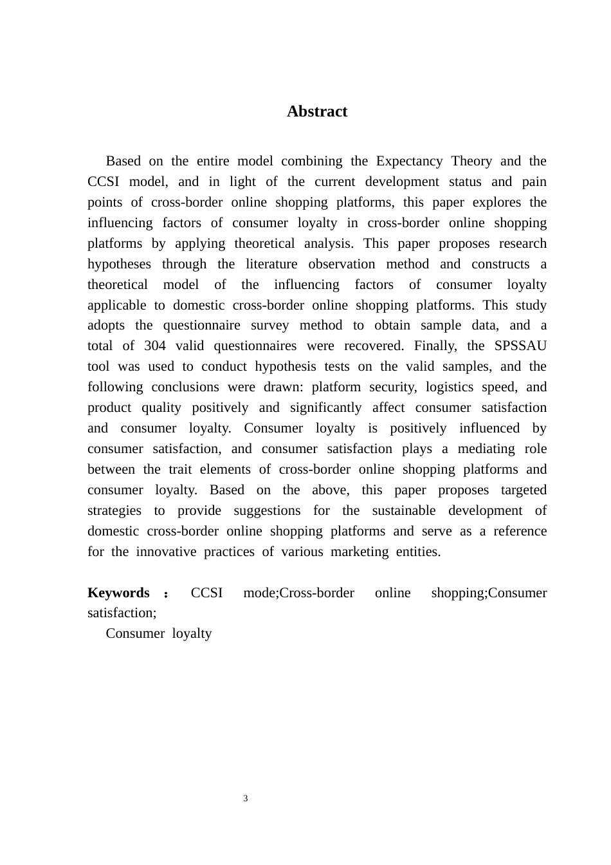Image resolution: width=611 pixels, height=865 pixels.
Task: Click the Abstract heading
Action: pos(316,111)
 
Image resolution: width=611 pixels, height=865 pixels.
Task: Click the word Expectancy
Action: pos(409,161)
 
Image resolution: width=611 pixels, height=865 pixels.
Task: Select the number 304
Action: pos(154,346)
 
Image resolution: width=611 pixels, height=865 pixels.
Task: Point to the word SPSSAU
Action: pos(520,346)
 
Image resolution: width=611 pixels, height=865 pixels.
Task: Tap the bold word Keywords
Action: pos(118,593)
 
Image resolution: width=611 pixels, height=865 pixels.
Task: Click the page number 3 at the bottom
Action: pos(246,799)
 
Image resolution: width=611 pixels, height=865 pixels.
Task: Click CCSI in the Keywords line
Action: pos(206,593)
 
